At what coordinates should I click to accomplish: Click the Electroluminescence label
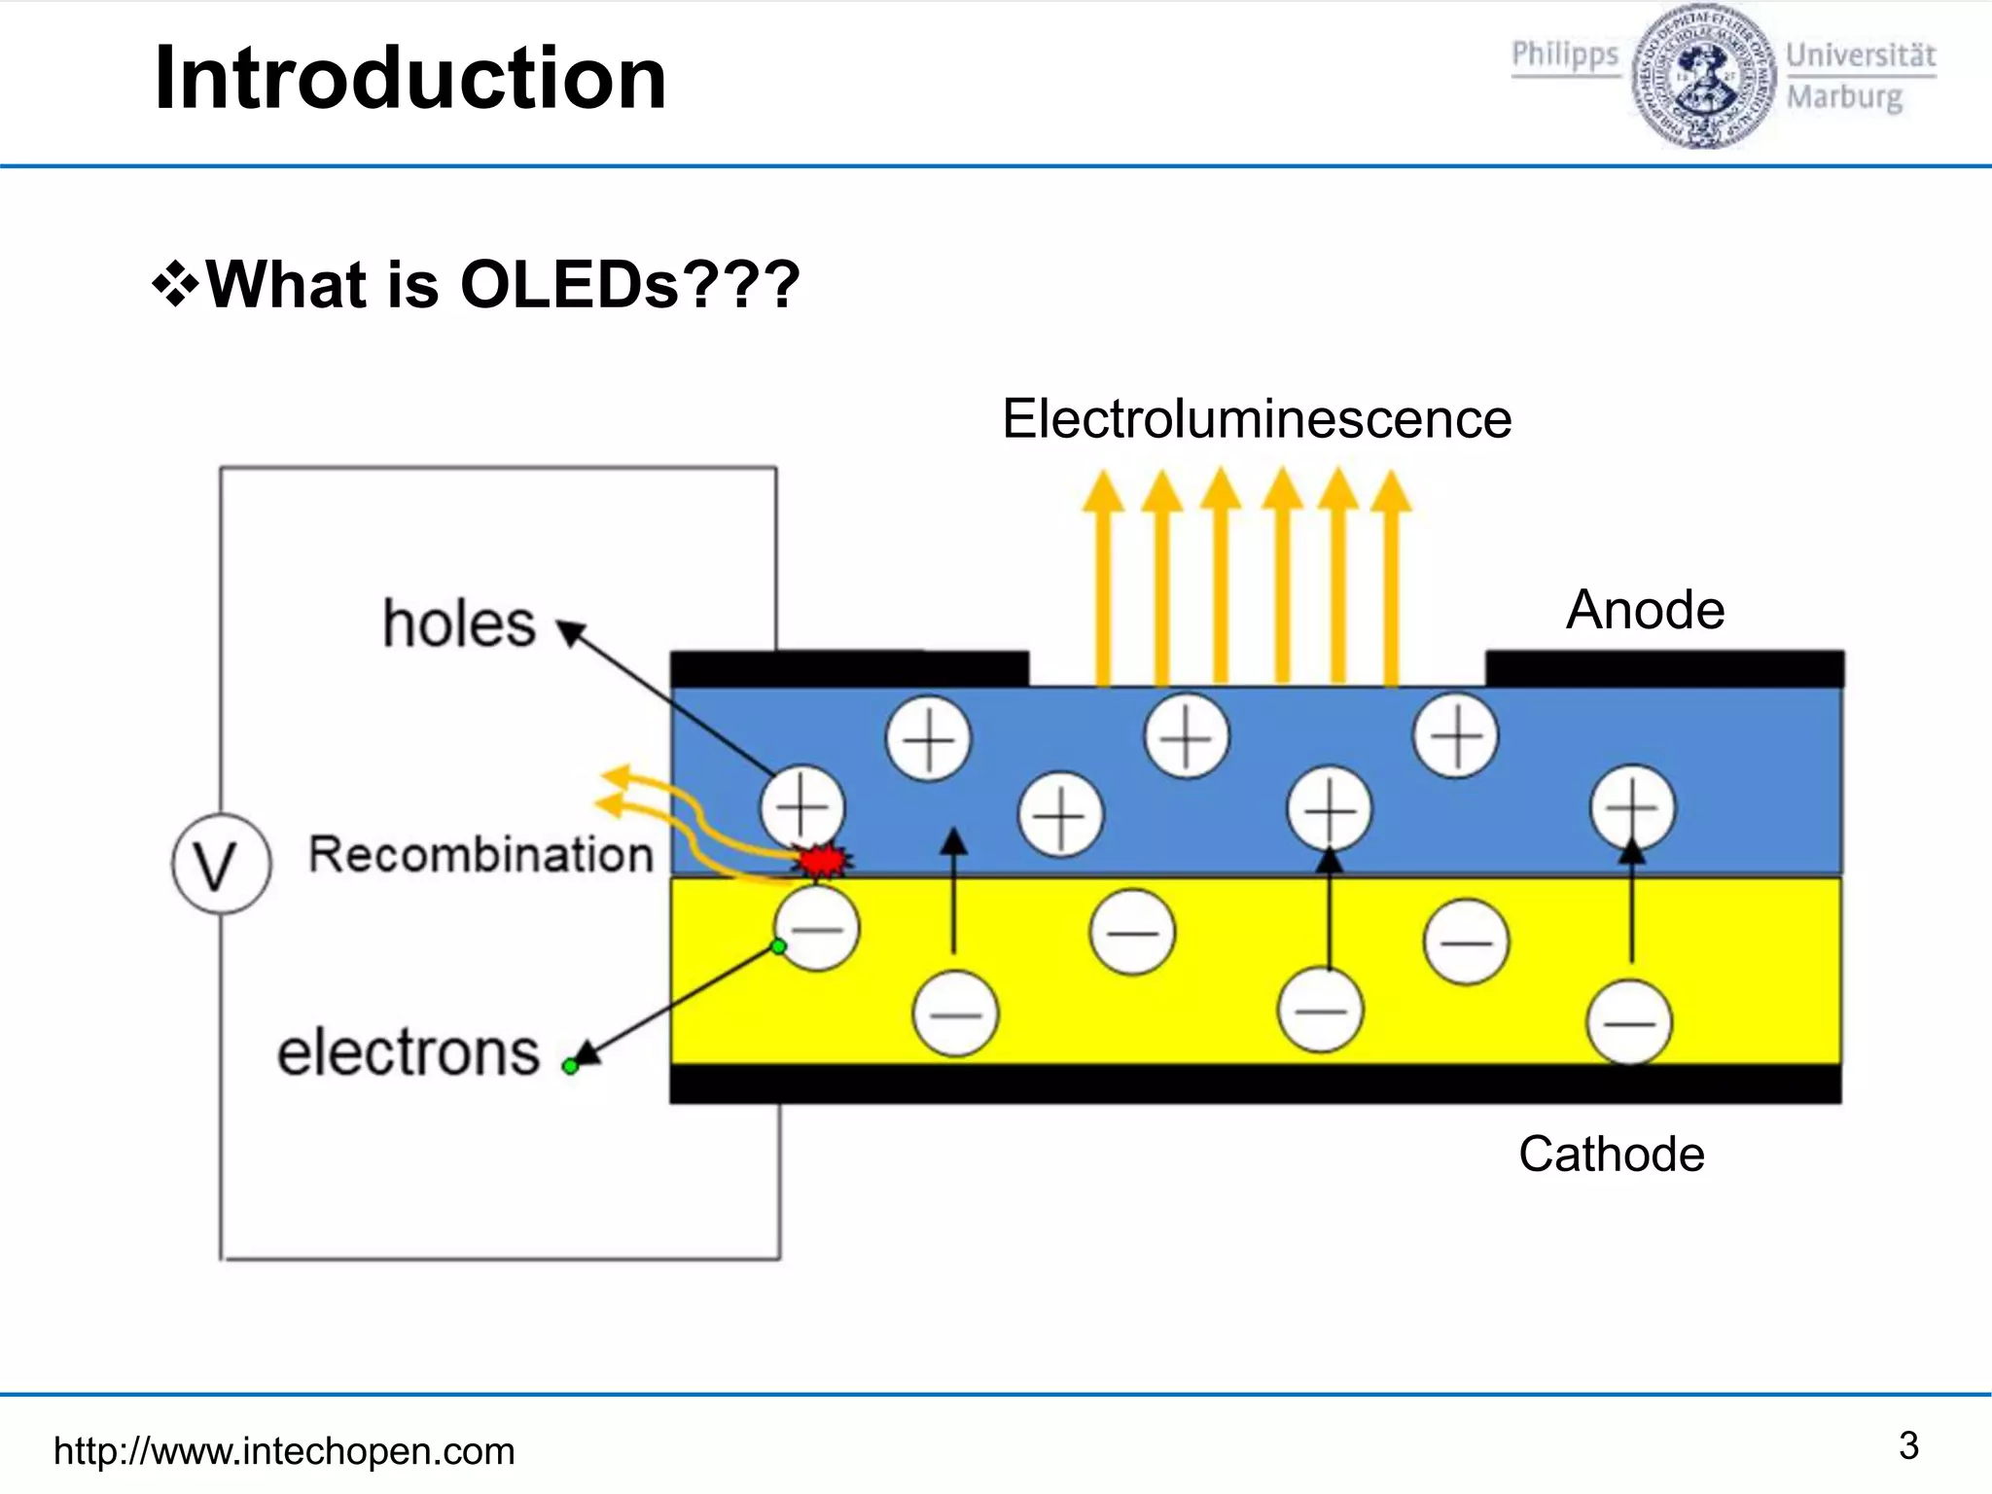point(1257,419)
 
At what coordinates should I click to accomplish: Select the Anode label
point(1645,610)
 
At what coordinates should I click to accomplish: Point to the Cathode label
point(1611,1155)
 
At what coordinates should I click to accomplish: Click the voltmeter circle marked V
point(221,864)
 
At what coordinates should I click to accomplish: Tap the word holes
point(459,623)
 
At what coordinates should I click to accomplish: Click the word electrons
point(409,1052)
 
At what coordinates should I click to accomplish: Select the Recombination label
point(480,855)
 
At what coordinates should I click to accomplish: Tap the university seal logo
point(1702,76)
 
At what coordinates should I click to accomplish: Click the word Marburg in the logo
point(1844,97)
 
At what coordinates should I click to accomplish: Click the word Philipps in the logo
point(1564,54)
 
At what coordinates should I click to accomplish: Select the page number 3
point(1908,1445)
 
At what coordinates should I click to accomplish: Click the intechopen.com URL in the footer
point(284,1451)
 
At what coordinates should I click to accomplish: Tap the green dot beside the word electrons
point(571,1067)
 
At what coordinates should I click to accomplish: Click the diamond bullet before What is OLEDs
point(175,285)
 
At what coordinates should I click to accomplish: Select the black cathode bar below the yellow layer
point(1255,1084)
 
